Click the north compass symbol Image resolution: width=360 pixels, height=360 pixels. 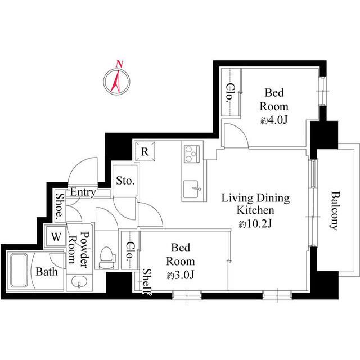tap(117, 80)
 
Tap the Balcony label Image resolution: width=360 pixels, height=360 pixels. tap(334, 210)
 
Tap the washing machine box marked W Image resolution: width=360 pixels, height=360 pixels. tap(56, 236)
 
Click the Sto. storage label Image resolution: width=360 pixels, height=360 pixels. tap(125, 181)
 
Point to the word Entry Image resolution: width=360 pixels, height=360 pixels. tap(82, 192)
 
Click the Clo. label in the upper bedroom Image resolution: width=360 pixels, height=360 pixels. tap(230, 92)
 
